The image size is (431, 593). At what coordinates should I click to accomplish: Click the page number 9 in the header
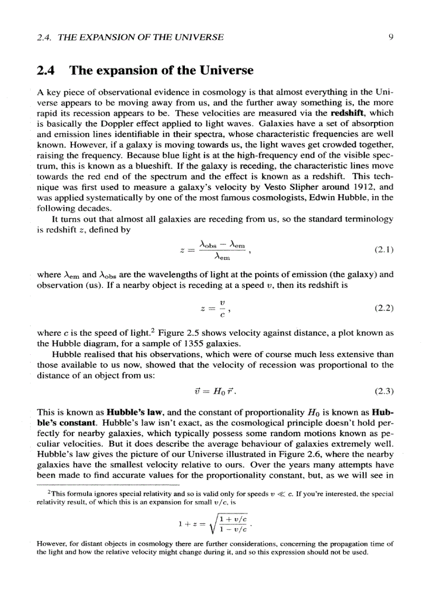(389, 37)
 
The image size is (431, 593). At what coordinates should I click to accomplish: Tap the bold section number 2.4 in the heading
(48, 70)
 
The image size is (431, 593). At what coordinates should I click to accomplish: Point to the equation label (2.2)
(384, 308)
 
